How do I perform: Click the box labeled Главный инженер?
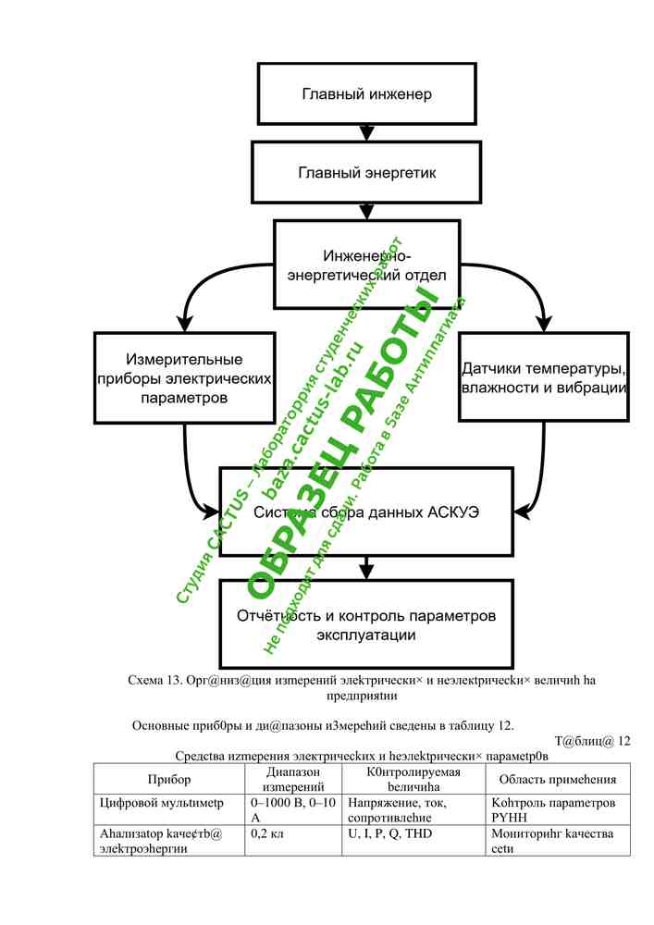[x=366, y=93]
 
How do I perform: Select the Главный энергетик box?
[x=366, y=172]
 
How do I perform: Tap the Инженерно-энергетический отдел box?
[x=366, y=265]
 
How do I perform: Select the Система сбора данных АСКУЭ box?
[x=366, y=511]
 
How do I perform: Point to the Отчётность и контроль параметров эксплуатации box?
[x=366, y=625]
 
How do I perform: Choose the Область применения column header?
[x=551, y=779]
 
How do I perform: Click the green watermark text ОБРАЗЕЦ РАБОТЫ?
[x=342, y=444]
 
